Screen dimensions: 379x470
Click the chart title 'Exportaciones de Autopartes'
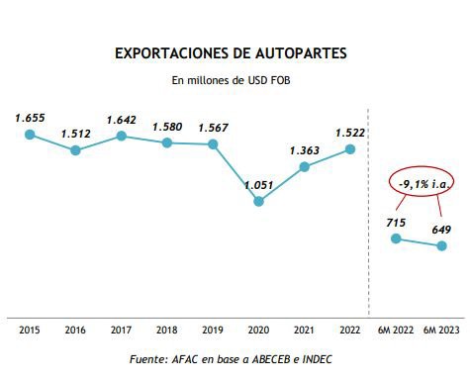click(x=232, y=50)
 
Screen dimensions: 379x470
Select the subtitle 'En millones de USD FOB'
click(x=233, y=80)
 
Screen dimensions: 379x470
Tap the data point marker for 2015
click(x=31, y=133)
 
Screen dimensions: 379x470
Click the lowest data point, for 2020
click(x=258, y=201)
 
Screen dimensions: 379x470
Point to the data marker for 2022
click(x=350, y=149)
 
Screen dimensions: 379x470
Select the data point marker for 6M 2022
click(x=396, y=238)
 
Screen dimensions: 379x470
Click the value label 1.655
click(x=31, y=118)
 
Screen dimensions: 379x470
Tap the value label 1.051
click(x=259, y=184)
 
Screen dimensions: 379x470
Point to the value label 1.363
click(x=305, y=150)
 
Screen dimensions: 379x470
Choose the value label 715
click(x=396, y=223)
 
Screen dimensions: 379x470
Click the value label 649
click(x=441, y=231)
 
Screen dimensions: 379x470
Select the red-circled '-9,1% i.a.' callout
click(x=420, y=184)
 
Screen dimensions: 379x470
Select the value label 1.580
click(x=167, y=127)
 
